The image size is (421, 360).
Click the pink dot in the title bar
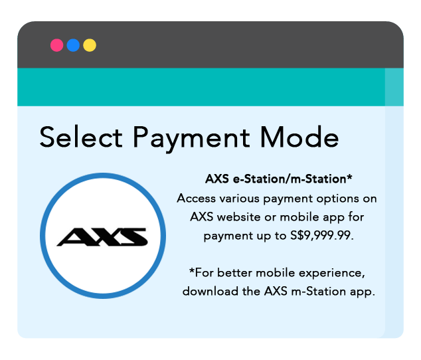click(57, 45)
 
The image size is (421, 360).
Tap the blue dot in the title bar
click(73, 45)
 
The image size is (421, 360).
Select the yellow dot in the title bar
click(90, 45)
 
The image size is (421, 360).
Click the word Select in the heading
click(81, 137)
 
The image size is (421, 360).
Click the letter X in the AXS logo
click(103, 236)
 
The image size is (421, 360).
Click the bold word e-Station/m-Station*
click(292, 179)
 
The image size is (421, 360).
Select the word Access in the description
click(197, 198)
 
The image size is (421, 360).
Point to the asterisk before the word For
click(192, 271)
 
